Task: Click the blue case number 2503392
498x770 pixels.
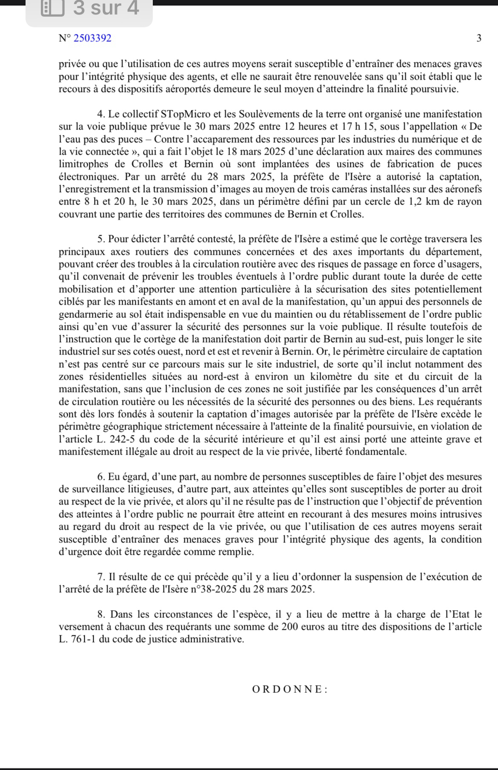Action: coord(92,38)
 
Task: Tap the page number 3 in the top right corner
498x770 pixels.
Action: coord(479,38)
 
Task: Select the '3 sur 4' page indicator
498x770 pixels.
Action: coord(106,9)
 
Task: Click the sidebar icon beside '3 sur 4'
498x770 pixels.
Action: coord(52,9)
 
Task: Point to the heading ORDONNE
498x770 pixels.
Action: coord(290,689)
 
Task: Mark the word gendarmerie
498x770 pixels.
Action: coord(88,314)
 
